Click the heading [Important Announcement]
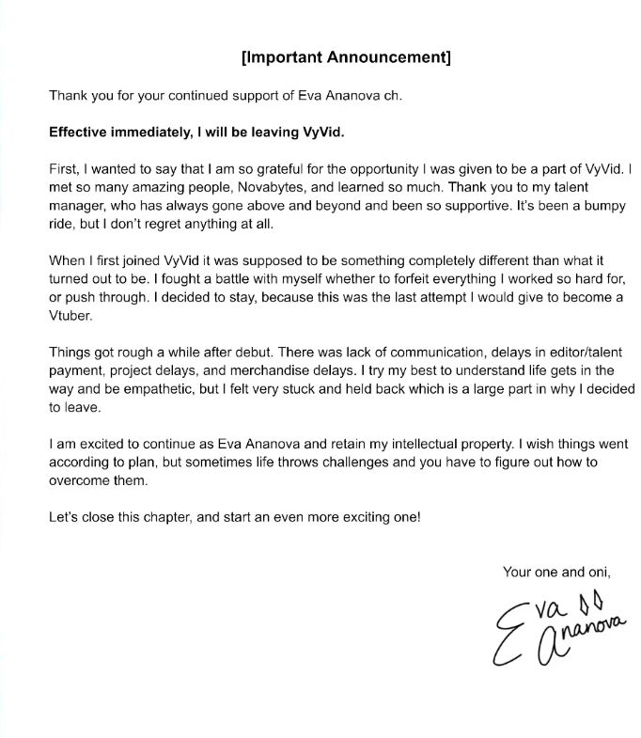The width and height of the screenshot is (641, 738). [x=346, y=57]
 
